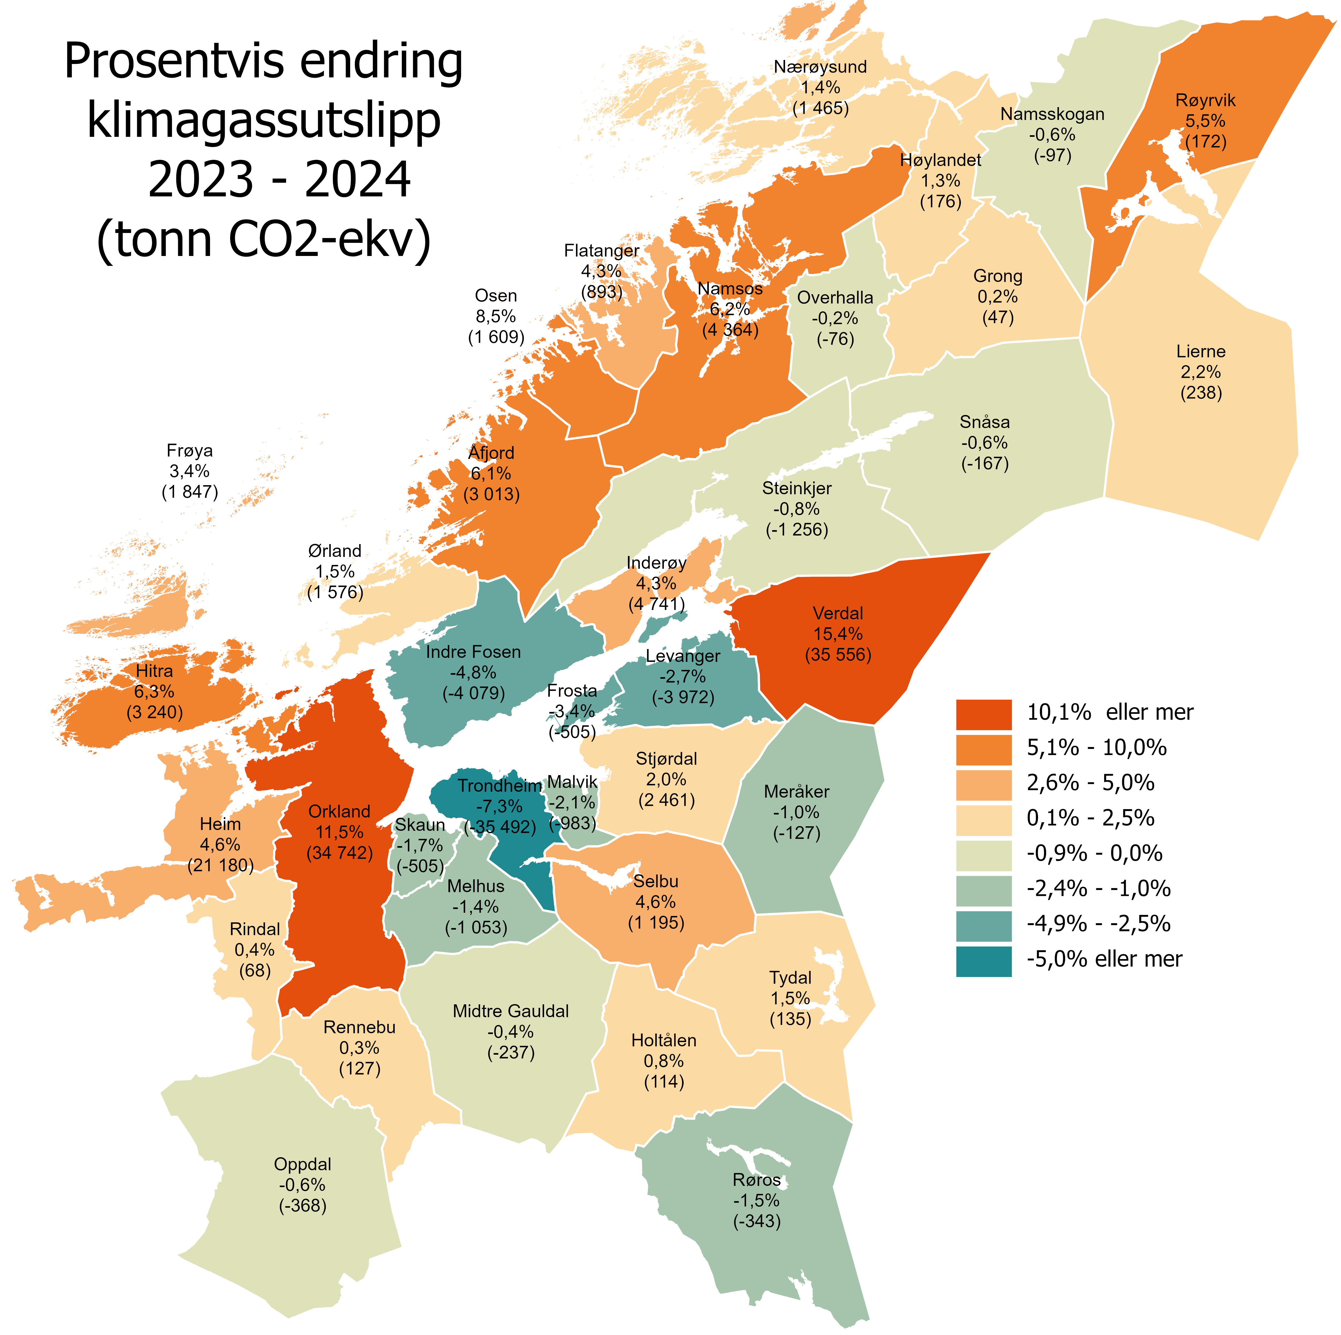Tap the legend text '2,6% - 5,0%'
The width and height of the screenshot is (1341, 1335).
(x=1091, y=783)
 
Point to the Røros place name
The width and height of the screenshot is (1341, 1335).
(x=756, y=1180)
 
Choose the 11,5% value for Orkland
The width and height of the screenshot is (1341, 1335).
(x=339, y=832)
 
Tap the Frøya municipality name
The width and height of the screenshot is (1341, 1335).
(x=189, y=450)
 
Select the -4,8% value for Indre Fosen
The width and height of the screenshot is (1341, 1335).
(x=473, y=672)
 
